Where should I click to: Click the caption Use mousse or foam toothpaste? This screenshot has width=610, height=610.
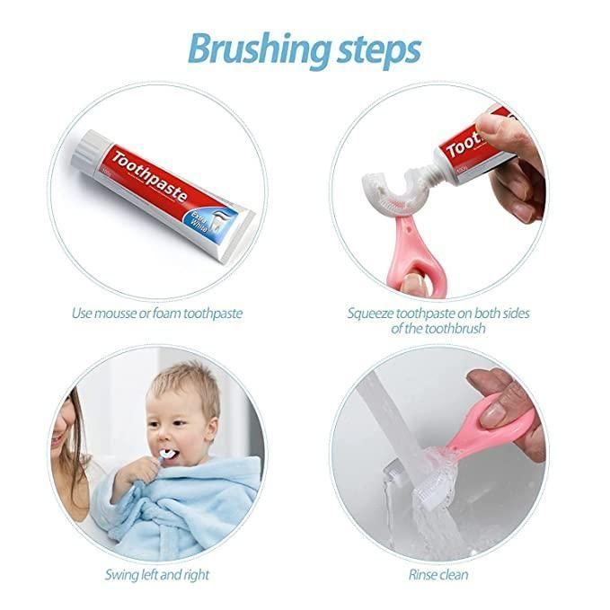pyautogui.click(x=157, y=314)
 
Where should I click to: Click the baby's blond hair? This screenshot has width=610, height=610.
pyautogui.click(x=183, y=386)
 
